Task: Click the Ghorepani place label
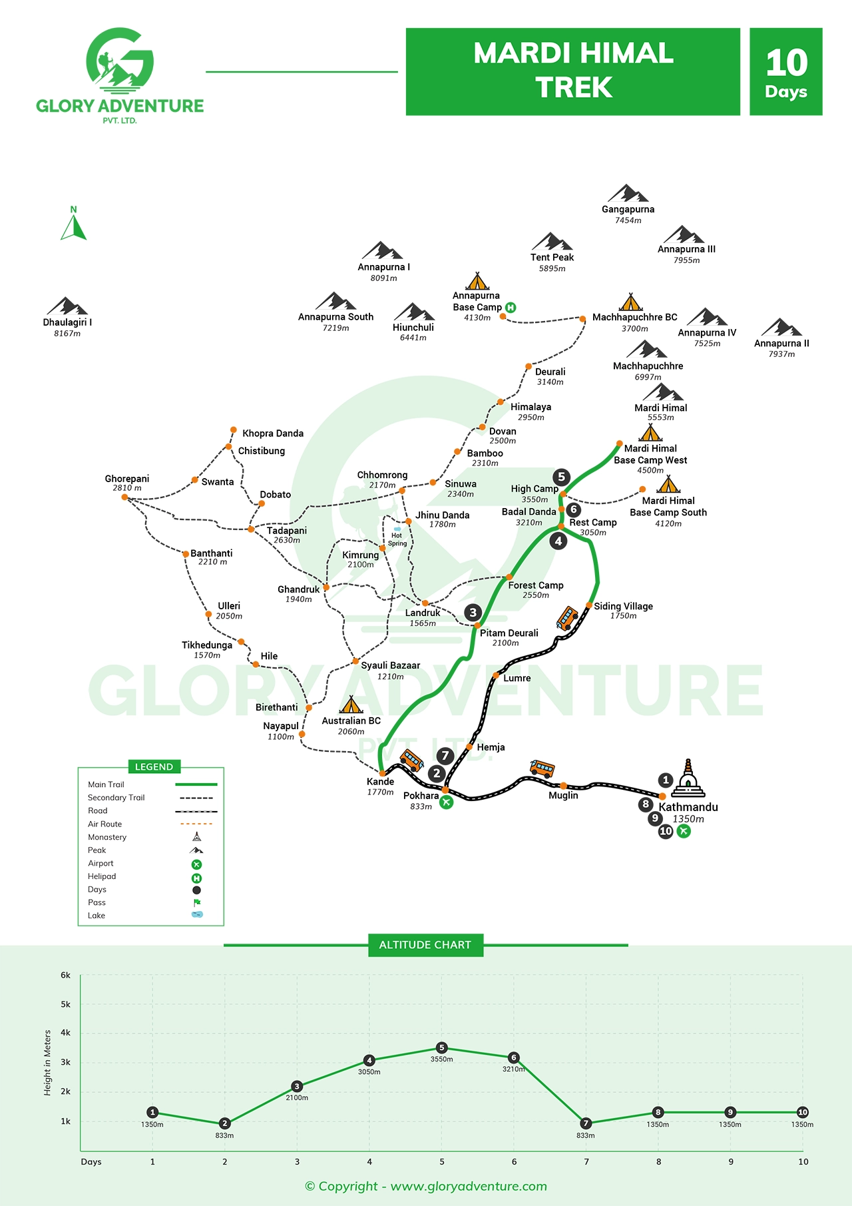(127, 479)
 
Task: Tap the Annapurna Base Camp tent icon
(477, 281)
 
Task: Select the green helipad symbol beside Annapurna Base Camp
(511, 308)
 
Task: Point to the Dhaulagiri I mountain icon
(67, 306)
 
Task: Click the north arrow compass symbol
(73, 224)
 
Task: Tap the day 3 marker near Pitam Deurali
(473, 613)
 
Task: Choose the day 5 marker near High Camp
(561, 477)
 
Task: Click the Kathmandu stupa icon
(688, 778)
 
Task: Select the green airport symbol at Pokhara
(446, 802)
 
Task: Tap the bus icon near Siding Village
(567, 618)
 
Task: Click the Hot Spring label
(397, 539)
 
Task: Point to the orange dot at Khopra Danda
(233, 430)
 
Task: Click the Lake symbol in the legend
(197, 914)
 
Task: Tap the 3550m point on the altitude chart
(441, 1048)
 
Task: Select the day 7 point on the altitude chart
(586, 1123)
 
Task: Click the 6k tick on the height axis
(65, 975)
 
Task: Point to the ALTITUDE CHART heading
(425, 945)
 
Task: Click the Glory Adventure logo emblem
(120, 60)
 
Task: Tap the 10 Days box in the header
(786, 72)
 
